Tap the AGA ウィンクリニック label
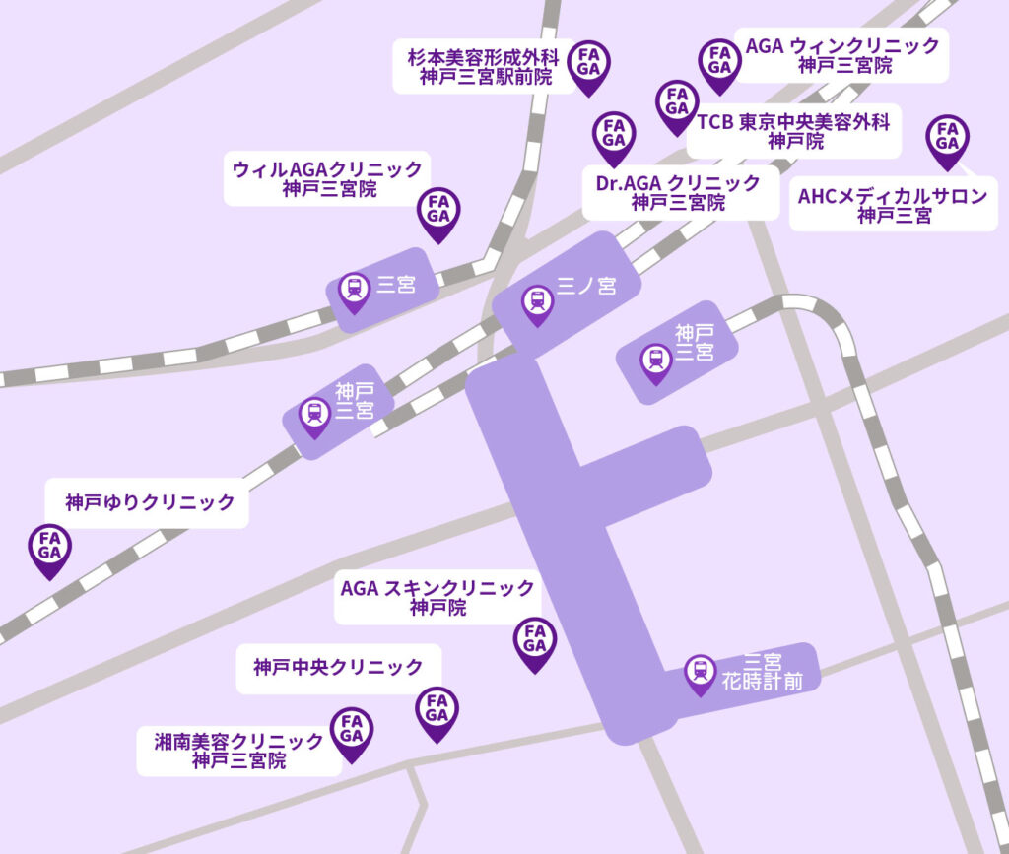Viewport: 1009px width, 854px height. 843,55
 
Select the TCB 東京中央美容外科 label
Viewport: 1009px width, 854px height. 792,131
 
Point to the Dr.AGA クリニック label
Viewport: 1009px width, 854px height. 679,193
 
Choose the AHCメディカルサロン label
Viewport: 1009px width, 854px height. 893,205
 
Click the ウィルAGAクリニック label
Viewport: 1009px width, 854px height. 328,178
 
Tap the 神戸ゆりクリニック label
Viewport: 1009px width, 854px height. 151,503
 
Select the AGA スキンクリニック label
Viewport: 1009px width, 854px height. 437,598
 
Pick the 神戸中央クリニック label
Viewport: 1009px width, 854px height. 338,668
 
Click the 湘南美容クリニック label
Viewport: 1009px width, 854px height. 239,751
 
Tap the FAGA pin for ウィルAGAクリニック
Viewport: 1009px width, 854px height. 438,211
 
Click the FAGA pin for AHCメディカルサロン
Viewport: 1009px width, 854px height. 948,138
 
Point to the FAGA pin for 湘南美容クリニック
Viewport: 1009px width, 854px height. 351,731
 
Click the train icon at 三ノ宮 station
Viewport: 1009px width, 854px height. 537,301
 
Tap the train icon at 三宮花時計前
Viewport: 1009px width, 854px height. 701,672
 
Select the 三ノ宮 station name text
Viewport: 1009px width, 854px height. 586,287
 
